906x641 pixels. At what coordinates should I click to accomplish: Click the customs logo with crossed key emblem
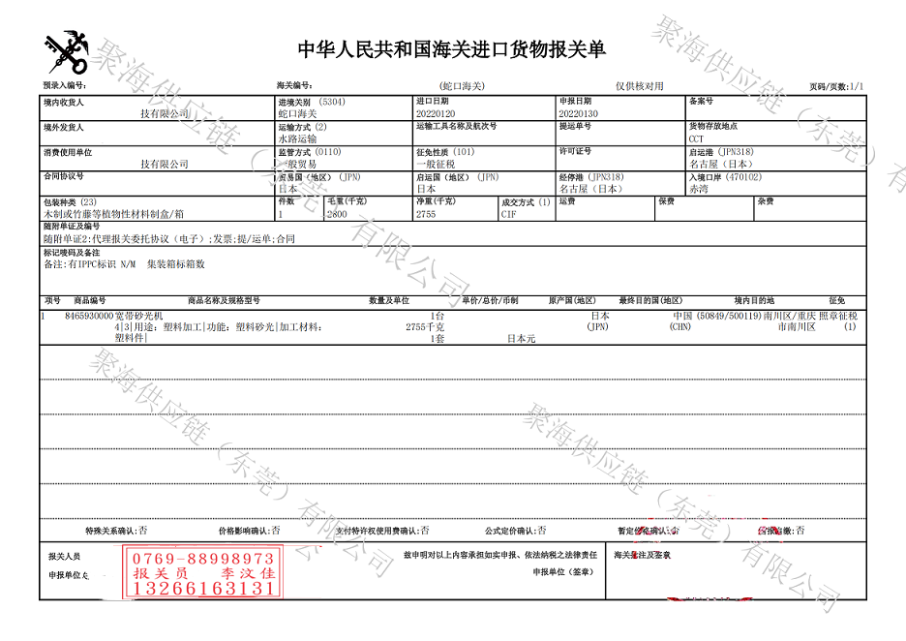[65, 54]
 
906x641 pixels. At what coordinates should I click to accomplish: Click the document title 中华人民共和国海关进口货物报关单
[451, 49]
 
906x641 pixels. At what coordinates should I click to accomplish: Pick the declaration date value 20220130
[578, 113]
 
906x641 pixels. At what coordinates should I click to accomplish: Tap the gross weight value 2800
[337, 214]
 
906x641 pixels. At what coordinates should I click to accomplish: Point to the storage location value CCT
[697, 138]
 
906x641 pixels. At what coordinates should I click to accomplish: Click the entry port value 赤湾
[698, 189]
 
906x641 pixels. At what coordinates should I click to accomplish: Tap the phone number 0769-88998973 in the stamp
[203, 559]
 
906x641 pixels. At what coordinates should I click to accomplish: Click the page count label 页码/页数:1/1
[836, 87]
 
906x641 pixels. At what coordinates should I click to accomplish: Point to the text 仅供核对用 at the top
[640, 86]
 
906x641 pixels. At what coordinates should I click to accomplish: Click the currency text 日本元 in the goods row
[522, 339]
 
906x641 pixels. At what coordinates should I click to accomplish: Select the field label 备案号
[702, 101]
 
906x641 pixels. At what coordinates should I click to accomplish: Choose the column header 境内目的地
[754, 301]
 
